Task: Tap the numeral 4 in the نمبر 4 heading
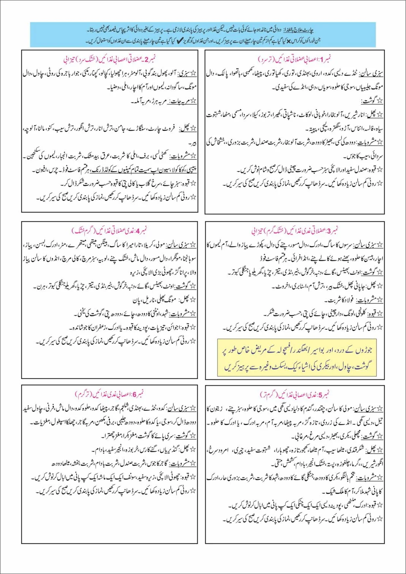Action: click(138, 231)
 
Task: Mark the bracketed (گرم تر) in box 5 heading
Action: click(269, 394)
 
